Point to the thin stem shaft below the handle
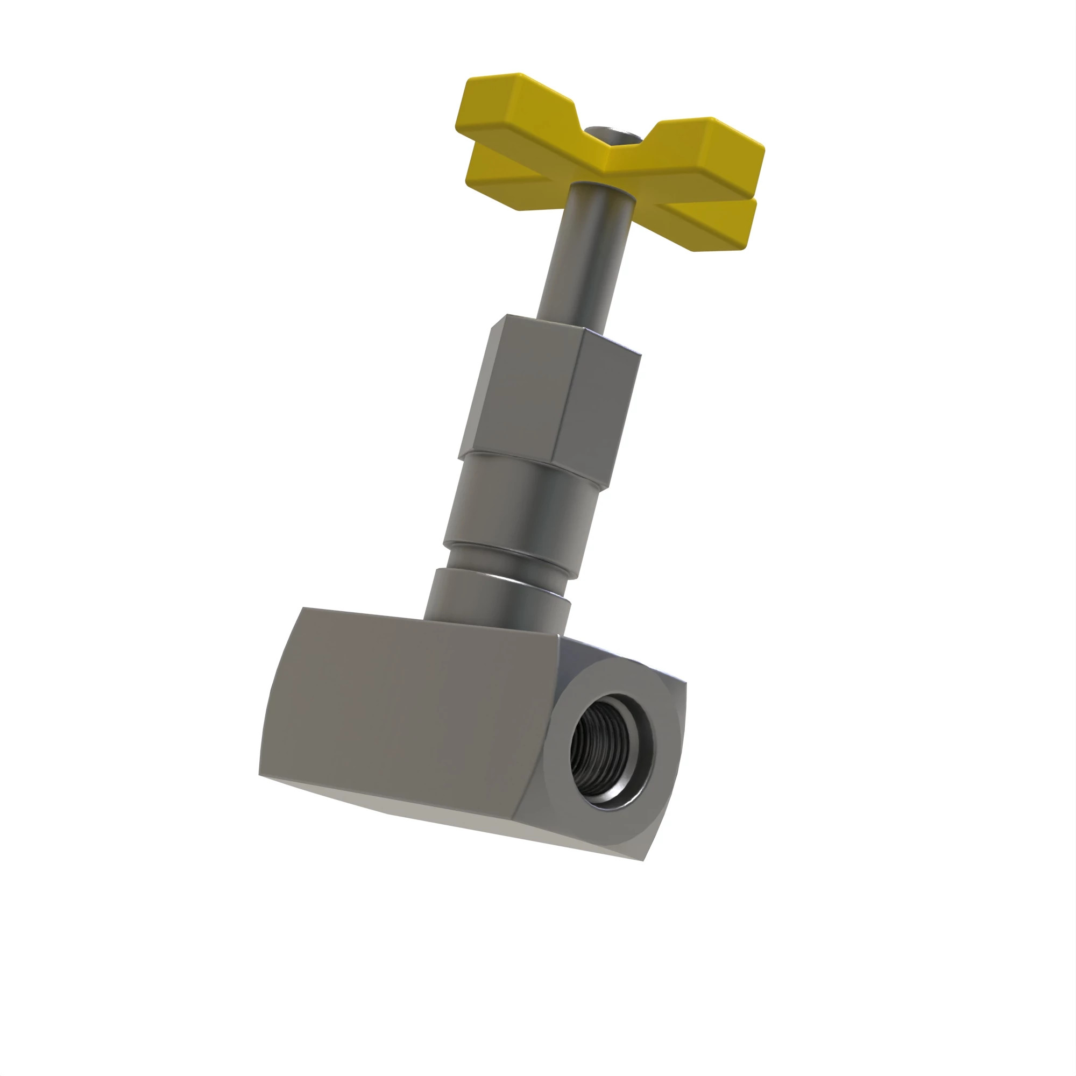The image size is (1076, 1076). coord(585,256)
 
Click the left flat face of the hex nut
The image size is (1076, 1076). coord(523,390)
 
